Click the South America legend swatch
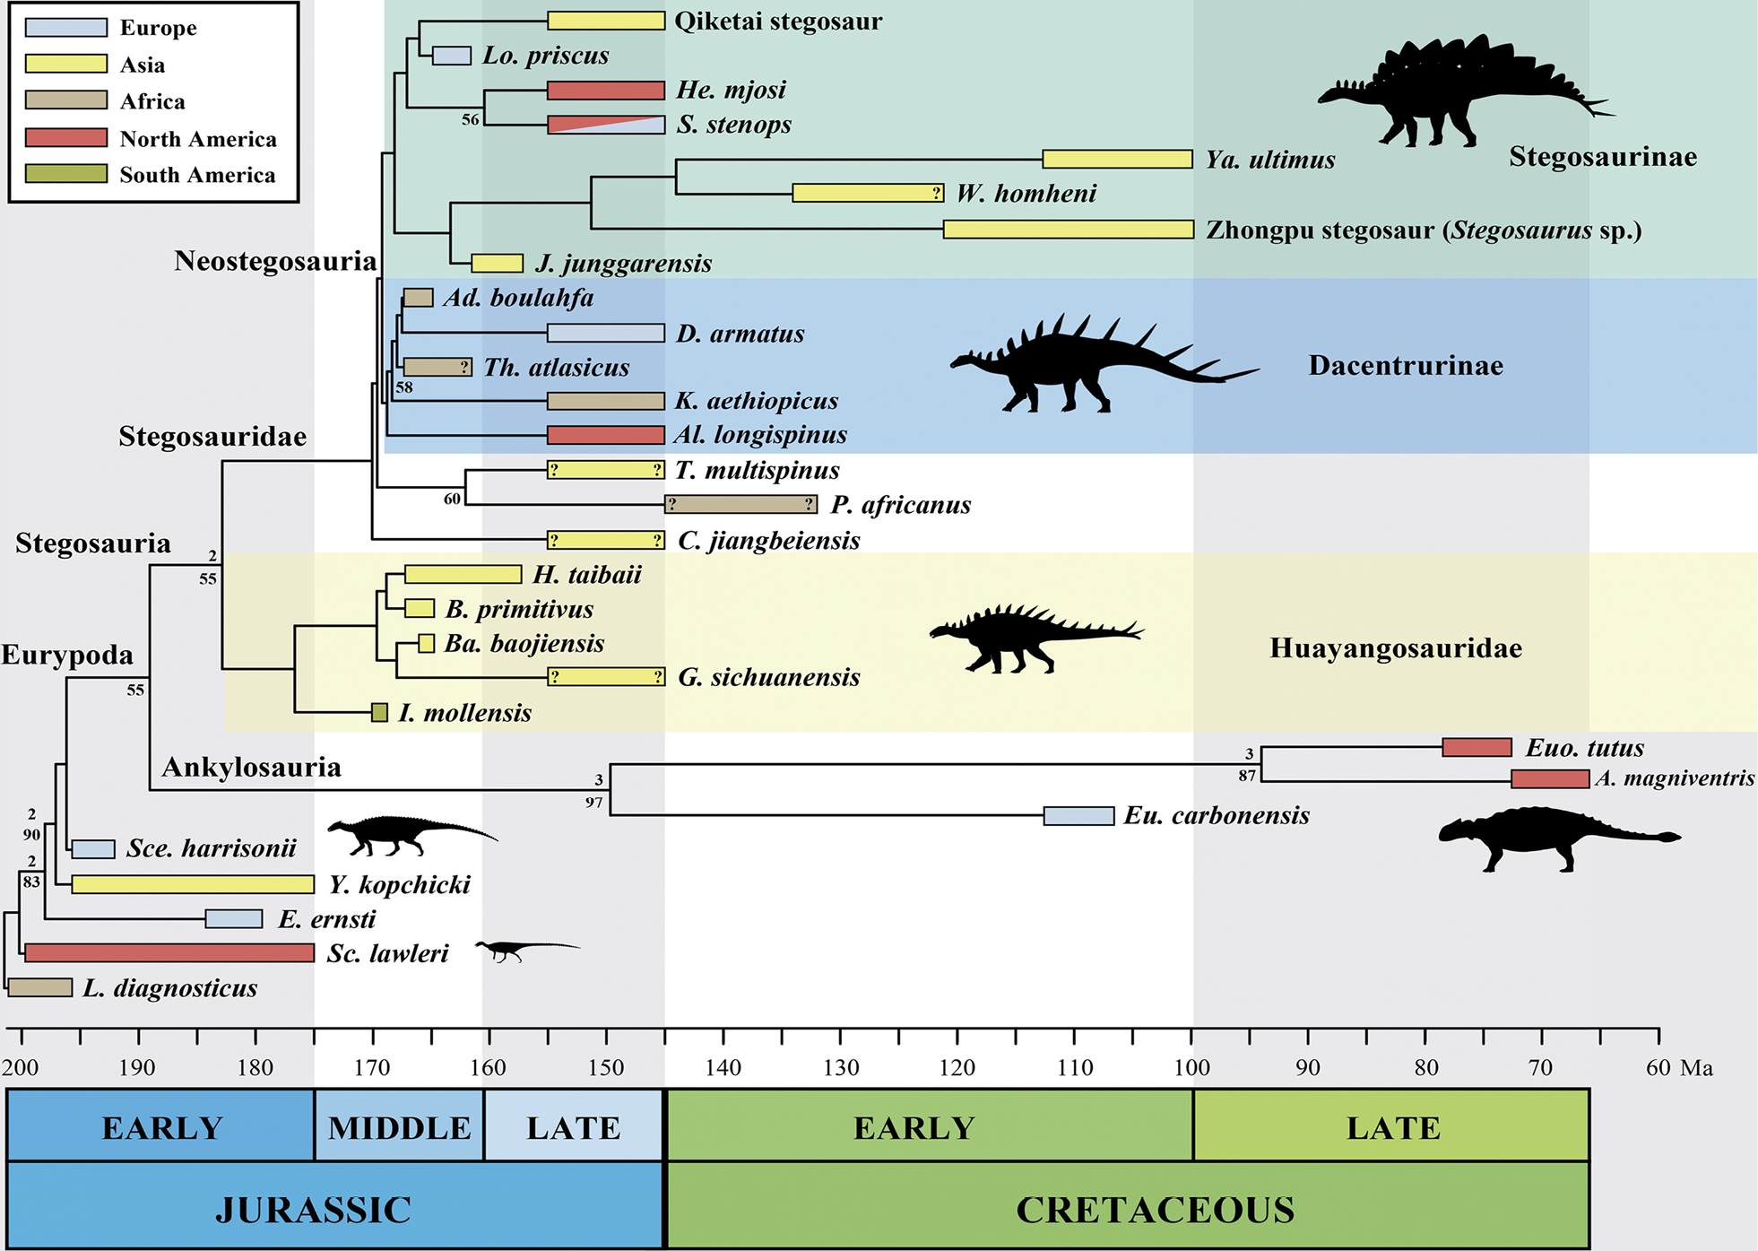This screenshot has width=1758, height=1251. click(65, 174)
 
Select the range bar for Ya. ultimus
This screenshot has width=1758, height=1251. click(1117, 160)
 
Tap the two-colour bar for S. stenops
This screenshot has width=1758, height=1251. click(606, 125)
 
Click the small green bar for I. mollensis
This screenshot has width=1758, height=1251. click(379, 713)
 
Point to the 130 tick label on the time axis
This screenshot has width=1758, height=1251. click(841, 1068)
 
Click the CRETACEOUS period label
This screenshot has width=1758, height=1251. click(1155, 1210)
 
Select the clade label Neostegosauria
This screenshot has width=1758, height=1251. click(275, 261)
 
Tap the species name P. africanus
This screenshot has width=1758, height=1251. click(901, 505)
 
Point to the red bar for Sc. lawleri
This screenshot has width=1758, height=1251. click(169, 952)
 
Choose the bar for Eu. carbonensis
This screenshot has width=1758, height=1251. click(1078, 815)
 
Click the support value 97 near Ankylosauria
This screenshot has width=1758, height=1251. click(593, 803)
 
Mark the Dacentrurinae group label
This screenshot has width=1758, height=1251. click(1406, 365)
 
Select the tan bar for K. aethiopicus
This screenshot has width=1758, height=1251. click(606, 401)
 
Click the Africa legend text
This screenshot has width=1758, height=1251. click(152, 101)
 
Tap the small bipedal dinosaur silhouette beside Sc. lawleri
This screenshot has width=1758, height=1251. click(527, 951)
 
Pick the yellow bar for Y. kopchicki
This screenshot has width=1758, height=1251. click(193, 884)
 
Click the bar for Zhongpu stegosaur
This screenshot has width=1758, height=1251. click(1069, 230)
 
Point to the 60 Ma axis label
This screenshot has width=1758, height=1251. click(1679, 1068)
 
